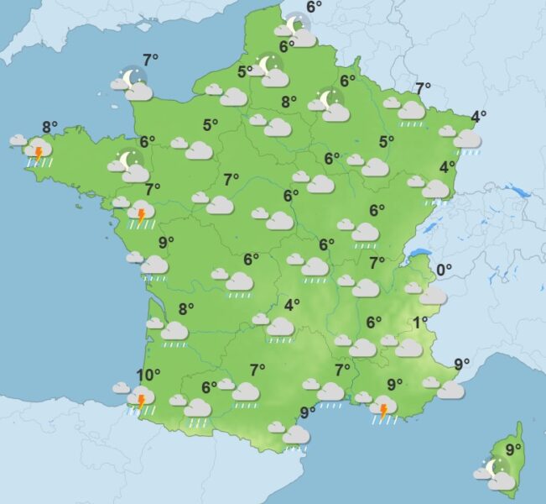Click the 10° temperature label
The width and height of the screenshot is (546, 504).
tap(148, 375)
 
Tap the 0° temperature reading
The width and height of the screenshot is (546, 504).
tap(444, 270)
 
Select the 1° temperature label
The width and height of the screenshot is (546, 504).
tap(420, 322)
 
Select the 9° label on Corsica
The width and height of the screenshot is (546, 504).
tap(513, 449)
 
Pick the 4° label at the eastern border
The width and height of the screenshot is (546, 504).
tap(479, 117)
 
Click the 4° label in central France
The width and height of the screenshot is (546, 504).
tap(292, 305)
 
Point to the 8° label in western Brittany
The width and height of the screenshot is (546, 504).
tap(49, 128)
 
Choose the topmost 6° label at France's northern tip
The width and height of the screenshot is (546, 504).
tap(314, 7)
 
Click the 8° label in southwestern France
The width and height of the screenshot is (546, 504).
tap(186, 308)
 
